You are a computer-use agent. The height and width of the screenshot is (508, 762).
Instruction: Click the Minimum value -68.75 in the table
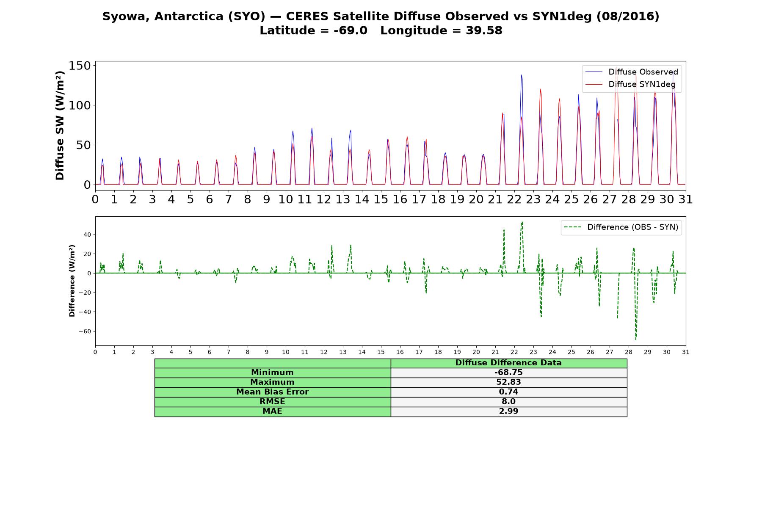click(x=508, y=373)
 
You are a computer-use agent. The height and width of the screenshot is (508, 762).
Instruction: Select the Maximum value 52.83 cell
click(x=508, y=382)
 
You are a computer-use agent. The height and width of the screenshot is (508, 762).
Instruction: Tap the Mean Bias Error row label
click(x=272, y=392)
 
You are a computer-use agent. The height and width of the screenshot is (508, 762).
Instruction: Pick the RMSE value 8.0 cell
click(x=508, y=402)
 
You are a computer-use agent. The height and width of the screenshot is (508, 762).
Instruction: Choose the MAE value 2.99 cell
click(x=508, y=411)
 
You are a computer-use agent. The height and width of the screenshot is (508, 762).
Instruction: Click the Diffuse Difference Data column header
click(x=508, y=363)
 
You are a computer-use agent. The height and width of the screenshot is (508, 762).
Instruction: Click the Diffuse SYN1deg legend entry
click(x=630, y=84)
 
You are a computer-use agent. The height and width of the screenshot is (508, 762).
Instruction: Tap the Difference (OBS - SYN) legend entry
click(x=621, y=227)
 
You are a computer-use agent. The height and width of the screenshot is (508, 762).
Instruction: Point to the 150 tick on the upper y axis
click(x=80, y=66)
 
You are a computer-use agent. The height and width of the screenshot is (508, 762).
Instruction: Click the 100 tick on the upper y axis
click(x=80, y=105)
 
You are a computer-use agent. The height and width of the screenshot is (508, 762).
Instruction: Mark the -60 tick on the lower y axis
click(x=85, y=331)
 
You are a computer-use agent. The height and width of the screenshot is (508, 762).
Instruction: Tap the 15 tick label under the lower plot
click(x=381, y=352)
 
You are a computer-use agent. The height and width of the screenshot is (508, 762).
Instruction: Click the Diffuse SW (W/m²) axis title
click(x=60, y=125)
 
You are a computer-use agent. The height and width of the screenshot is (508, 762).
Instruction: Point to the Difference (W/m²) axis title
click(x=72, y=281)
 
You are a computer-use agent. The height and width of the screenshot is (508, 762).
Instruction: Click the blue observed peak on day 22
click(x=521, y=75)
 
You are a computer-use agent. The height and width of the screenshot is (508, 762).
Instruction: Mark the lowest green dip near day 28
click(x=635, y=339)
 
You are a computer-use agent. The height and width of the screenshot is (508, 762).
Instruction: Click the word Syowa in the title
click(x=126, y=17)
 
